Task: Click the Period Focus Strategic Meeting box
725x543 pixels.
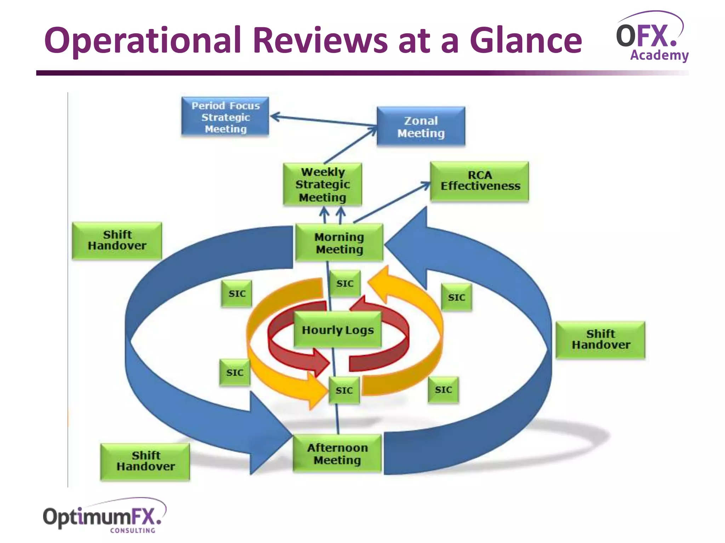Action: (225, 116)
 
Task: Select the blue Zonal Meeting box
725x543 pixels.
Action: (421, 127)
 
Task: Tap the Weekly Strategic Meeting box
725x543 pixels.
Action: (322, 184)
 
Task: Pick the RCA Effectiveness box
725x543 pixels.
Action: (480, 181)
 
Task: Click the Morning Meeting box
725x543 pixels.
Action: (339, 243)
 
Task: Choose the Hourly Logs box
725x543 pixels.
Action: (338, 329)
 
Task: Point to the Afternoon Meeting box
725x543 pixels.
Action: (337, 454)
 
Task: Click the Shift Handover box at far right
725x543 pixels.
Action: (600, 340)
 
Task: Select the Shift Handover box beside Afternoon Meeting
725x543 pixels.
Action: (145, 461)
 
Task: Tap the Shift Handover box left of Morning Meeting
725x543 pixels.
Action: (117, 240)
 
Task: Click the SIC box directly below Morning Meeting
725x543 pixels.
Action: (345, 284)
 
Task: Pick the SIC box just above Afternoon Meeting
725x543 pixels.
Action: (344, 390)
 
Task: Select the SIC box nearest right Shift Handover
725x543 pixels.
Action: (456, 297)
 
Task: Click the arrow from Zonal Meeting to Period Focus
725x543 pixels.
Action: (322, 121)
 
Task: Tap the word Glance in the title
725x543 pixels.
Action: (525, 40)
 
